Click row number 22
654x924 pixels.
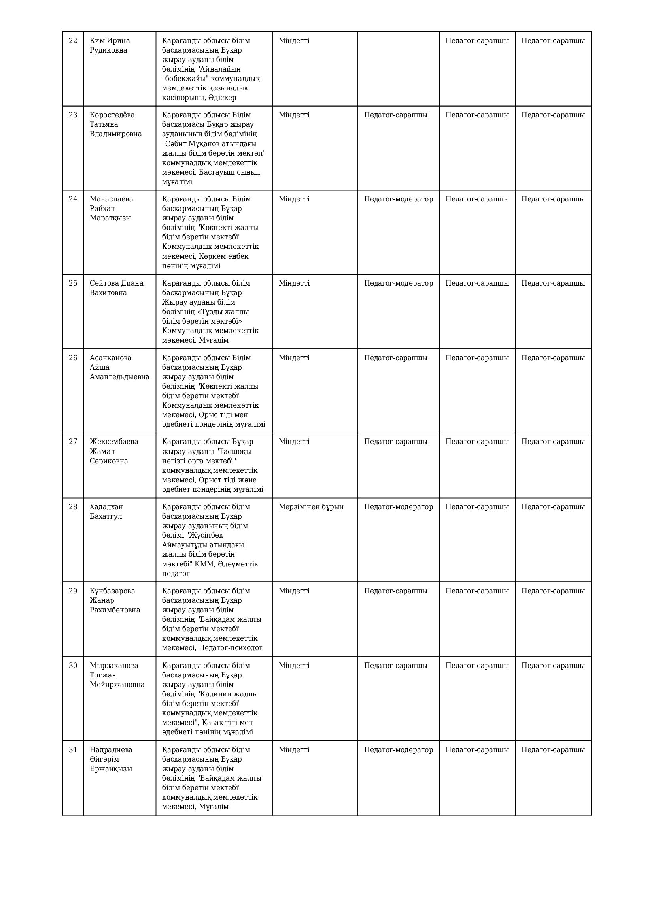click(73, 41)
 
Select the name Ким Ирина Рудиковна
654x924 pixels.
click(110, 45)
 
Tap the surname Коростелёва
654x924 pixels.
click(112, 115)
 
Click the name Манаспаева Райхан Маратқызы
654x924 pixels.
click(111, 209)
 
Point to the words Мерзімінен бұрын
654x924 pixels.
click(311, 507)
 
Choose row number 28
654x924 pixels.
click(73, 507)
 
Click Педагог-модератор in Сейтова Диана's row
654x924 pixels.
click(398, 283)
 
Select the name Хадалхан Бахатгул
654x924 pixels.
click(106, 512)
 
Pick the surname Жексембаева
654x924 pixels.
click(114, 442)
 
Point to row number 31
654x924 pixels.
click(73, 750)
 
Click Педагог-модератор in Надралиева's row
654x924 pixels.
click(398, 750)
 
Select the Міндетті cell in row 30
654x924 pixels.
click(294, 666)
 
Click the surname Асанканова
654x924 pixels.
click(110, 358)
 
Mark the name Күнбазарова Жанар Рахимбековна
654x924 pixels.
click(115, 600)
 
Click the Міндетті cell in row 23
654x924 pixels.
click(294, 115)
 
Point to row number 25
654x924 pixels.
click(73, 283)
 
